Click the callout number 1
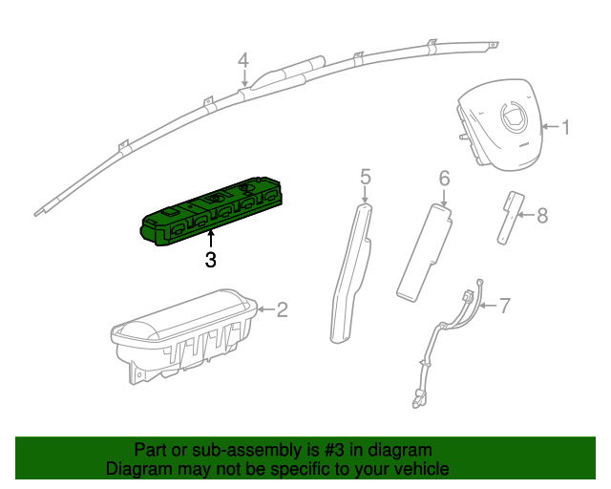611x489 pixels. tap(565, 127)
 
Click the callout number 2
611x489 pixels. tap(282, 308)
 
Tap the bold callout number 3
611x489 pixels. tap(211, 259)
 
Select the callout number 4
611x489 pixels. tap(243, 60)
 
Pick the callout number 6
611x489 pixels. tap(444, 178)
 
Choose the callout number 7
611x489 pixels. tap(505, 306)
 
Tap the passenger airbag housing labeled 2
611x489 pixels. tap(181, 334)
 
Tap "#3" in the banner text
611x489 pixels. tap(323, 450)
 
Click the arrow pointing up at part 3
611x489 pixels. tap(211, 236)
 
